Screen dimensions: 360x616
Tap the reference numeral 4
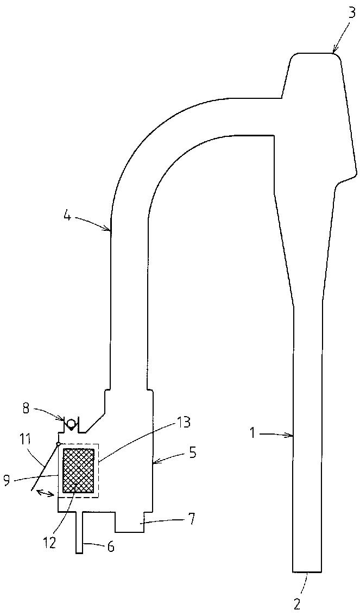pyautogui.click(x=67, y=216)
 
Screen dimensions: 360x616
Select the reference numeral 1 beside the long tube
pyautogui.click(x=255, y=433)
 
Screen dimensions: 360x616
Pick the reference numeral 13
pyautogui.click(x=183, y=423)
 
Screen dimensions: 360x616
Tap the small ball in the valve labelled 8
pyautogui.click(x=72, y=423)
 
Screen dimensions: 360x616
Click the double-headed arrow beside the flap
pyautogui.click(x=44, y=492)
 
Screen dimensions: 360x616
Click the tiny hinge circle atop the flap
pyautogui.click(x=58, y=444)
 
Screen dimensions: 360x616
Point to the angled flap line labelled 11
pyautogui.click(x=45, y=468)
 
